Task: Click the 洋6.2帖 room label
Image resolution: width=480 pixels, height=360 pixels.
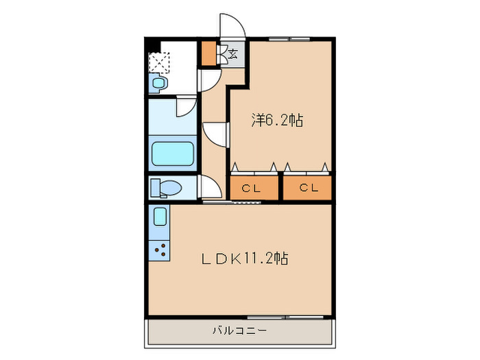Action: [277, 121]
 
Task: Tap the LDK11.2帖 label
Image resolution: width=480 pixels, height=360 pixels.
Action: [244, 259]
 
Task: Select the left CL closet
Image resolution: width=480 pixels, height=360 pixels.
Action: [254, 188]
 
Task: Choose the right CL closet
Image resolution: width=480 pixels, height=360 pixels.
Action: [307, 188]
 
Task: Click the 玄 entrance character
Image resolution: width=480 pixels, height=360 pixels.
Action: [233, 53]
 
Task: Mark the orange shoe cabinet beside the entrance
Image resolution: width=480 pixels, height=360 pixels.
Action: [208, 53]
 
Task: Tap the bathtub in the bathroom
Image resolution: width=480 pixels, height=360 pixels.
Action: [172, 154]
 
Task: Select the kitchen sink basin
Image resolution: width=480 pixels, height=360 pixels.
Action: [160, 217]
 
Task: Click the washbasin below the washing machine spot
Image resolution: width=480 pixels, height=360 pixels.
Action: [159, 84]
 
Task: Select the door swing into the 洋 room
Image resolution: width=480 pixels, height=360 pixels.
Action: [215, 133]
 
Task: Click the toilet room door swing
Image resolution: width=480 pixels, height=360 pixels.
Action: [209, 186]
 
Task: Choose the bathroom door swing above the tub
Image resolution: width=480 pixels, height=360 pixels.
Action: [187, 106]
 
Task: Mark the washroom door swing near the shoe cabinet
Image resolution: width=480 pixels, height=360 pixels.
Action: [208, 80]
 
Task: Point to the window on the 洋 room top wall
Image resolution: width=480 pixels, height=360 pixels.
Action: [288, 40]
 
